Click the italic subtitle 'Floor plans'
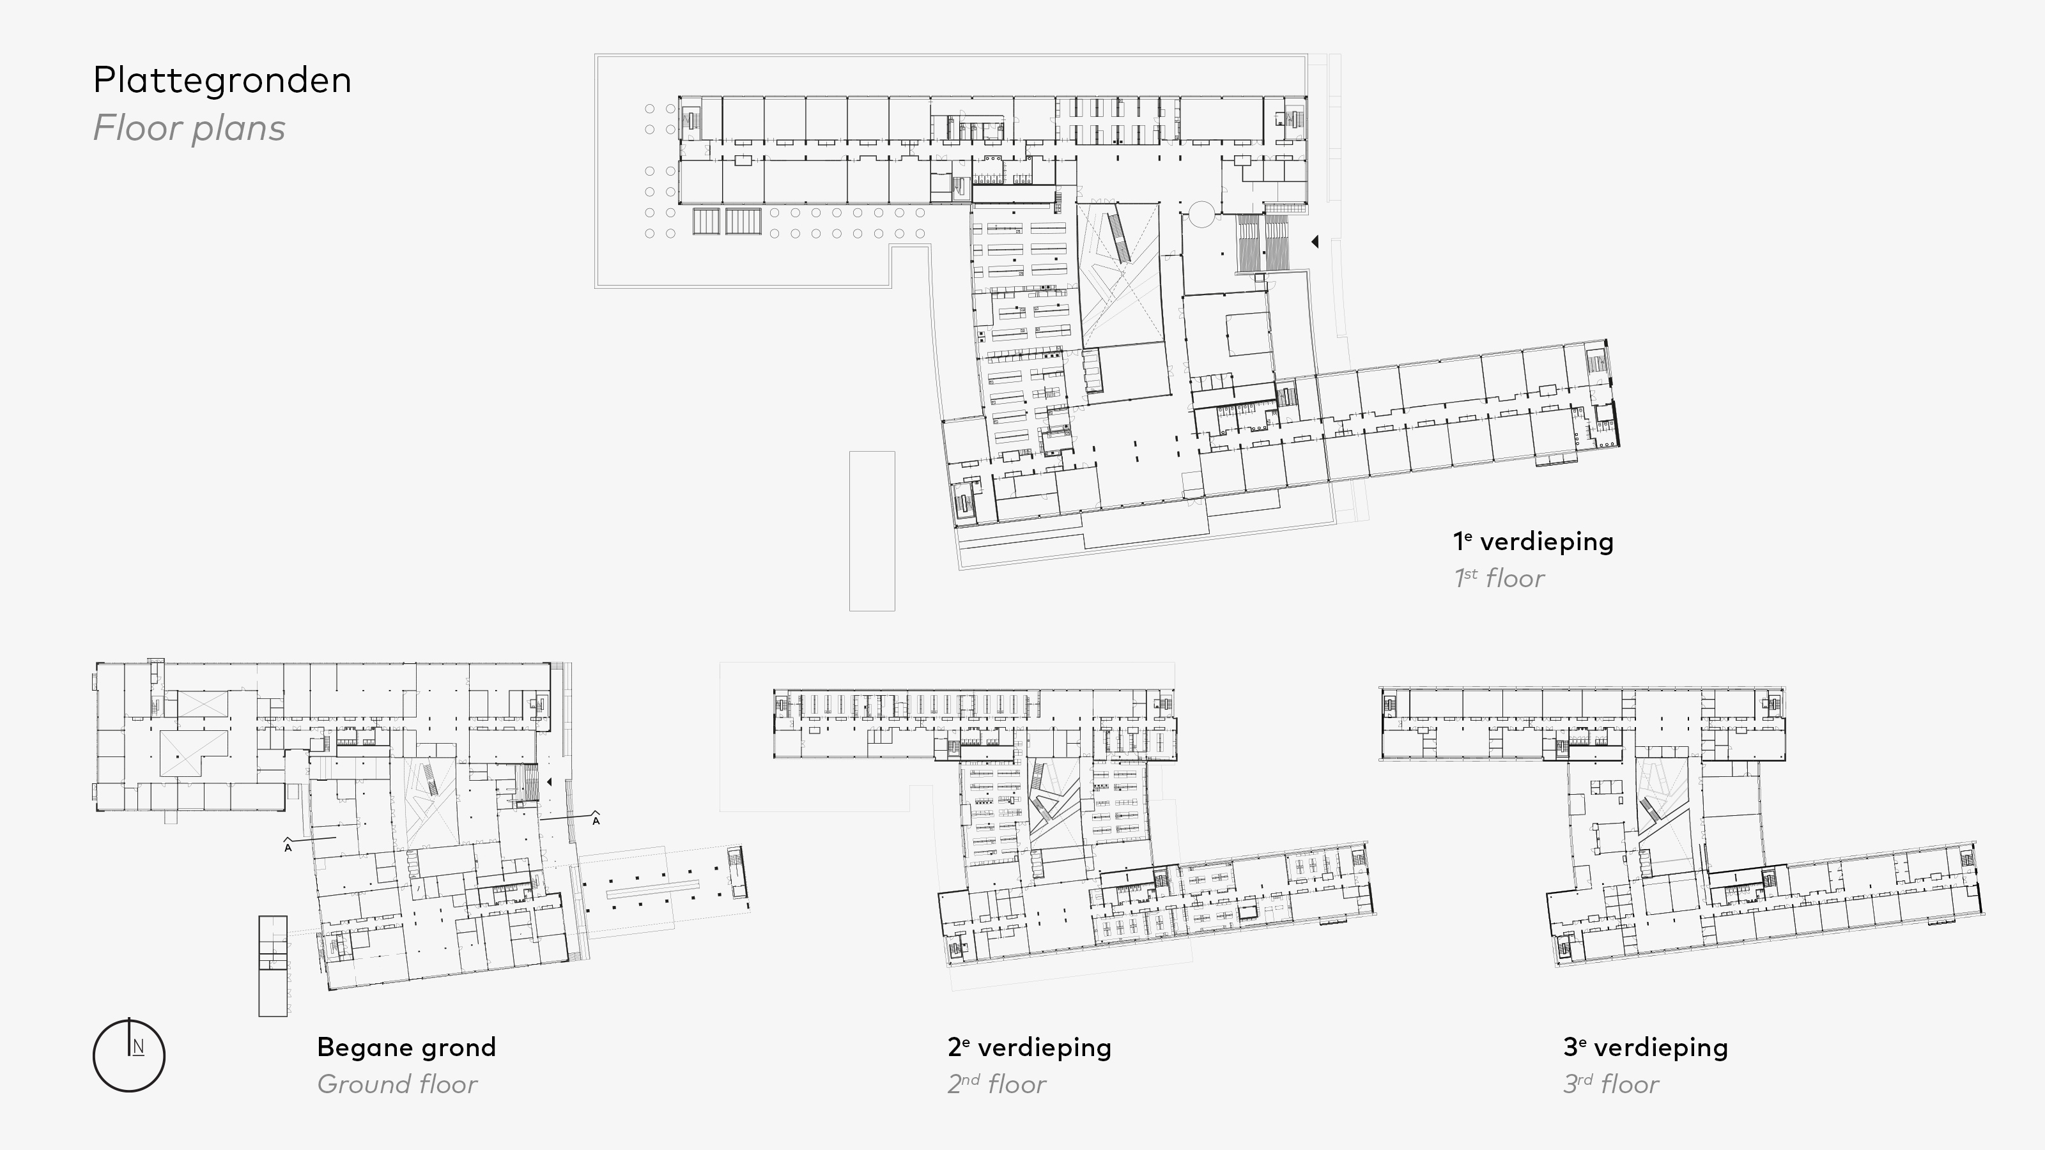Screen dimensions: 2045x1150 [x=189, y=128]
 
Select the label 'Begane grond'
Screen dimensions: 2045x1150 [x=406, y=1048]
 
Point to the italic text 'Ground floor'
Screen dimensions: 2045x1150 [x=397, y=1084]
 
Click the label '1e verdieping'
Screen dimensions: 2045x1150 [x=1533, y=541]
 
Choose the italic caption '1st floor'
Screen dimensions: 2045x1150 [x=1499, y=578]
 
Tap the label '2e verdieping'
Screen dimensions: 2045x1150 [x=1029, y=1048]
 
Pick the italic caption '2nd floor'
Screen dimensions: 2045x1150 [x=997, y=1084]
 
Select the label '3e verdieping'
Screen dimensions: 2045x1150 [x=1645, y=1048]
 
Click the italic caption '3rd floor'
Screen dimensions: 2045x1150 [x=1610, y=1084]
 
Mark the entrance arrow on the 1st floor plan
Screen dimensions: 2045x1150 [x=1315, y=241]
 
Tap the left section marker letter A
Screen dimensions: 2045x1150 [x=288, y=848]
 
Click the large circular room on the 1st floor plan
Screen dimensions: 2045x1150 [x=1201, y=214]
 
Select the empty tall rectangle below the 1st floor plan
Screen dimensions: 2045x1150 [x=872, y=531]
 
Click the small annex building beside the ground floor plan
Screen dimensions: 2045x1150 [x=272, y=966]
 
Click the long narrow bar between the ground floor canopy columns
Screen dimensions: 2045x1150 [x=652, y=889]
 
